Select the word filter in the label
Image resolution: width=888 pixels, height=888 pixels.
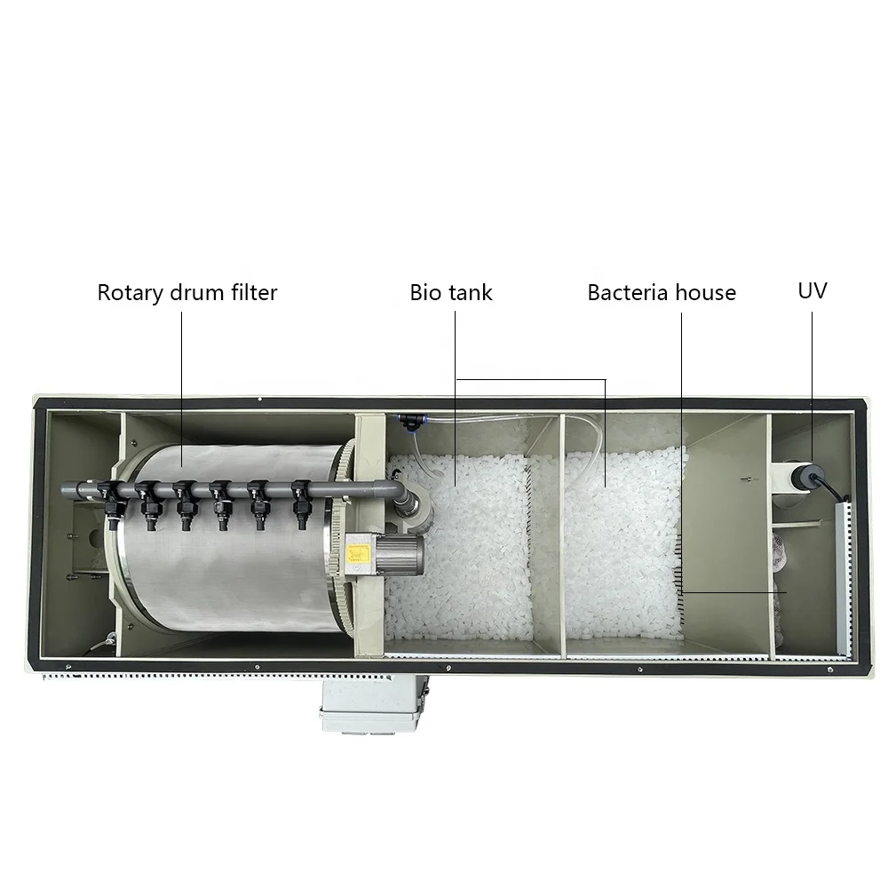[x=252, y=292]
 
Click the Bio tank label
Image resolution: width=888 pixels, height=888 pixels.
[x=451, y=292]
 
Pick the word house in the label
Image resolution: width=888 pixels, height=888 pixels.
[x=705, y=292]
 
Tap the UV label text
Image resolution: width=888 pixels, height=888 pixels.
[x=813, y=290]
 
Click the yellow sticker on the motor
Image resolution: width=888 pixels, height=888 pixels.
[x=359, y=551]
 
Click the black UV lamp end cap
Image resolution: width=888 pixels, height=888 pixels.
[x=809, y=476]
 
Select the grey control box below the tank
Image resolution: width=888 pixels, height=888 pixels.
[x=372, y=706]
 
